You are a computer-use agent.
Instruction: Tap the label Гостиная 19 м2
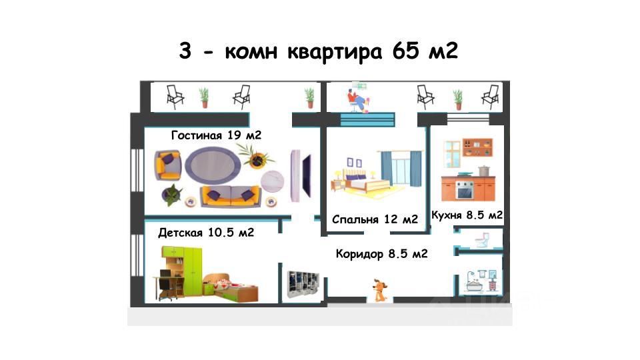[x=216, y=135]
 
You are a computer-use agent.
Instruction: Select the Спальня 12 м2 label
[x=375, y=219]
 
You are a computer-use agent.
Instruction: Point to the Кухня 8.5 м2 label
[x=467, y=215]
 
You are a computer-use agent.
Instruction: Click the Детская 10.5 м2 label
[x=206, y=233]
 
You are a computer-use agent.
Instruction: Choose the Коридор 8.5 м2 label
[x=381, y=254]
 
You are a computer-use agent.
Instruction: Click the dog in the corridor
[x=381, y=290]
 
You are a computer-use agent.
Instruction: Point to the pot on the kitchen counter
[x=482, y=171]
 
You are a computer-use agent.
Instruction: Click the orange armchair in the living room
[x=168, y=165]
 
